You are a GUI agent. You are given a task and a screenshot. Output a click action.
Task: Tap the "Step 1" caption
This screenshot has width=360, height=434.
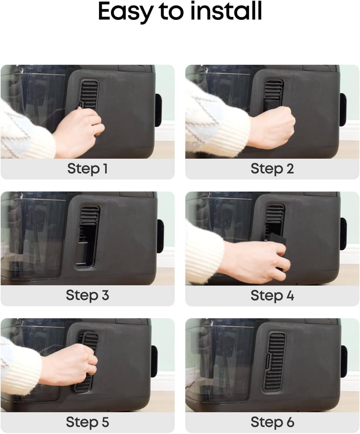point(87,169)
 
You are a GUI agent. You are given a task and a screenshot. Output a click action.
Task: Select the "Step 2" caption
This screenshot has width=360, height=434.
point(272,169)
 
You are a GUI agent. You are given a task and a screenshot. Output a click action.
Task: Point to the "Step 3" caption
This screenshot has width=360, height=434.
point(87,295)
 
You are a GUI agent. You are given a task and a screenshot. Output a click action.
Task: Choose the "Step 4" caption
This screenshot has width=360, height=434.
point(272,295)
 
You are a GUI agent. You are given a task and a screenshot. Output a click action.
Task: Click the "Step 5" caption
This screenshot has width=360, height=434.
point(87,422)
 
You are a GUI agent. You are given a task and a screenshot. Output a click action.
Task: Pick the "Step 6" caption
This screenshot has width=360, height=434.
point(272,422)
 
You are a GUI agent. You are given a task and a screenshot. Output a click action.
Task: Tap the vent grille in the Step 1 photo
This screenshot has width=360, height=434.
point(89,95)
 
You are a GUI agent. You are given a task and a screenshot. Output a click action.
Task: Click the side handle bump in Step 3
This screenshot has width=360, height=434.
point(160,236)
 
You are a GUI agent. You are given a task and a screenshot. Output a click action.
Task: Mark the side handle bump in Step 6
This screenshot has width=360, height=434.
point(344,362)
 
